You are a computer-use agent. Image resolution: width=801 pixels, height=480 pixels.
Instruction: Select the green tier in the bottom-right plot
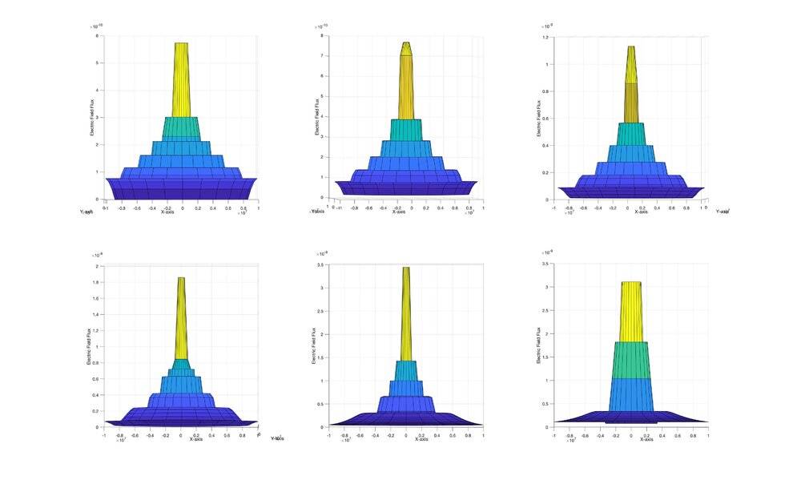[631, 360]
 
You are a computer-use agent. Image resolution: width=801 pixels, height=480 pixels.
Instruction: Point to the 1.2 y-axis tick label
[546, 38]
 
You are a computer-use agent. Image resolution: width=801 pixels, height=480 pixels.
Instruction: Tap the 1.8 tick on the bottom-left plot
[95, 282]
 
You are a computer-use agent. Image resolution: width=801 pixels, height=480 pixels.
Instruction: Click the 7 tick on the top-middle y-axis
[320, 56]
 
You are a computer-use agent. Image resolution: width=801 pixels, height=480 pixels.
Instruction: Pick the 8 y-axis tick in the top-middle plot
[320, 36]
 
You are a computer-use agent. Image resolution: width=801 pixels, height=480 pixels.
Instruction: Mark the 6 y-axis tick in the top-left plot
[97, 36]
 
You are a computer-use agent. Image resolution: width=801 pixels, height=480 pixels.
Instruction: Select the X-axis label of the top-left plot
[167, 212]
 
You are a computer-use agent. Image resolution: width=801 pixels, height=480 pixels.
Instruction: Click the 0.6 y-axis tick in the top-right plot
[545, 119]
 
